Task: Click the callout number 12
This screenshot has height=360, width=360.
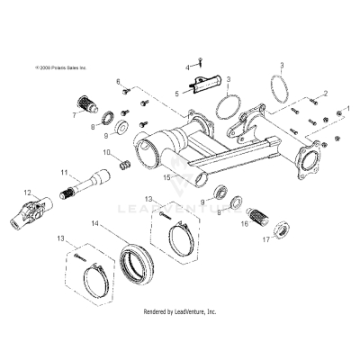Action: [27, 192]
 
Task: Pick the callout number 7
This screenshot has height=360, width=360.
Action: [75, 115]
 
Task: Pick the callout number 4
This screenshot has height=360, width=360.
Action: [188, 67]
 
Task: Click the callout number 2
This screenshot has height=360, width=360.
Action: [325, 93]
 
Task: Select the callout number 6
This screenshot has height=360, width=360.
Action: [118, 82]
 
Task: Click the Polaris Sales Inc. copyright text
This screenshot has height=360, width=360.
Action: [59, 67]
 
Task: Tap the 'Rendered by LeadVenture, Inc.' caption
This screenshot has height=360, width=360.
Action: [180, 310]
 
